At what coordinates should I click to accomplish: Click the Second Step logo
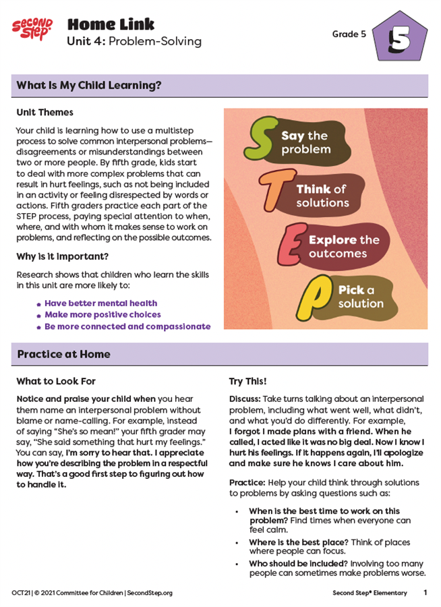(32, 29)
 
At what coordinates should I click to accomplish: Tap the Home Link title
(111, 25)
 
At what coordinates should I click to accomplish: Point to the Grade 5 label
(349, 34)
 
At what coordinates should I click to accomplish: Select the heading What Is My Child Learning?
(89, 86)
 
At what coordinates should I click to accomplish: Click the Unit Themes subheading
(45, 112)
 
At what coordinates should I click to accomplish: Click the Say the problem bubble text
(305, 142)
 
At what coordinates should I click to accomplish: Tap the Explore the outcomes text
(343, 247)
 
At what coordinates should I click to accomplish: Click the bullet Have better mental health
(100, 303)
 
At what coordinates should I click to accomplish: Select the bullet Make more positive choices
(102, 315)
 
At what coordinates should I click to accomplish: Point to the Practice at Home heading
(63, 354)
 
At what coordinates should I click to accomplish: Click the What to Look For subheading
(56, 382)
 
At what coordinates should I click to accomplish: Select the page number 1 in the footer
(425, 593)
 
